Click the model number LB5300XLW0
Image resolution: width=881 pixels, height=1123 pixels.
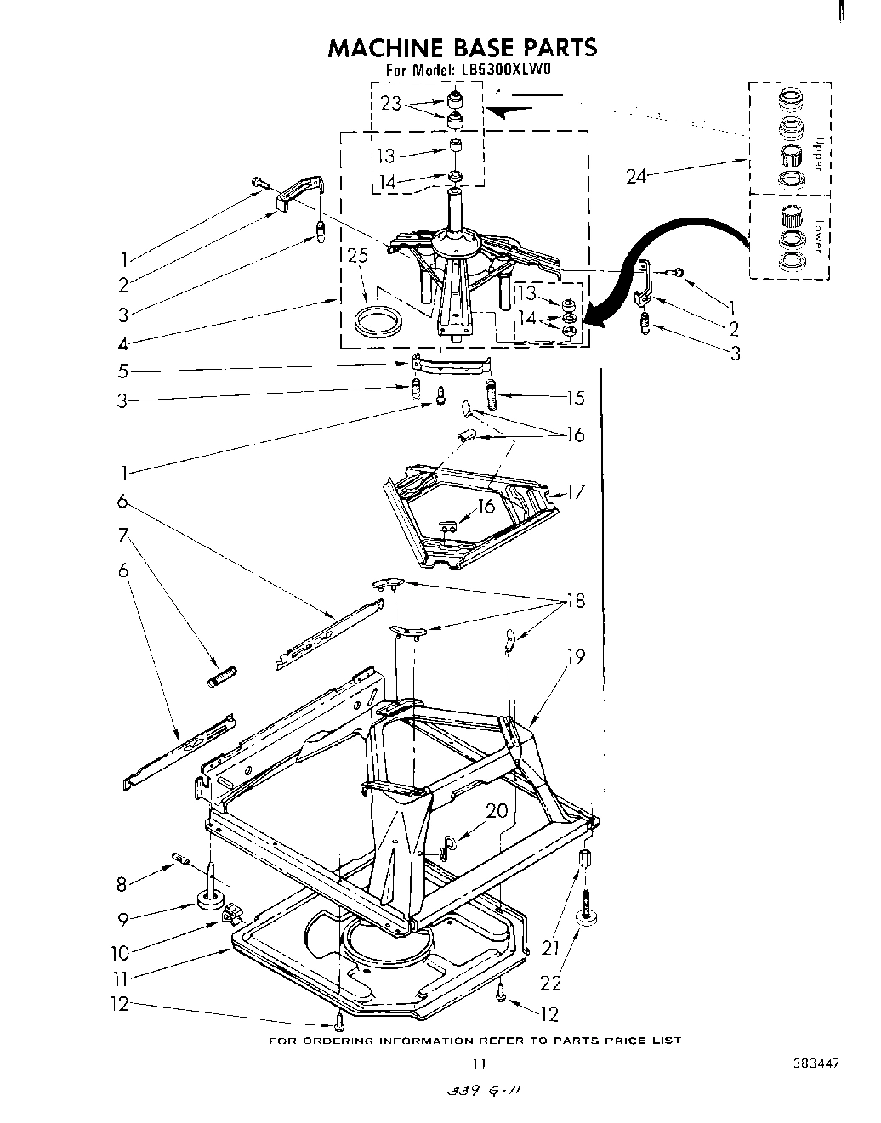click(507, 71)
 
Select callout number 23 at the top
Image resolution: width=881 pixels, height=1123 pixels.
click(391, 103)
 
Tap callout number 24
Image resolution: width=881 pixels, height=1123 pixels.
click(637, 176)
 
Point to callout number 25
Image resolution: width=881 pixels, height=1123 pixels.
click(358, 255)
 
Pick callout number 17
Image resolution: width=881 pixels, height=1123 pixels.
click(576, 491)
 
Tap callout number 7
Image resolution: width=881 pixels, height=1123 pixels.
click(124, 536)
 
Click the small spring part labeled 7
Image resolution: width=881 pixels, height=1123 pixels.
click(223, 677)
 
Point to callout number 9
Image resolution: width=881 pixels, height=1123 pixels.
click(123, 919)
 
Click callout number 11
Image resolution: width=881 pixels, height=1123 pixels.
click(122, 978)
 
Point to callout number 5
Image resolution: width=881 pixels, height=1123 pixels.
click(123, 371)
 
